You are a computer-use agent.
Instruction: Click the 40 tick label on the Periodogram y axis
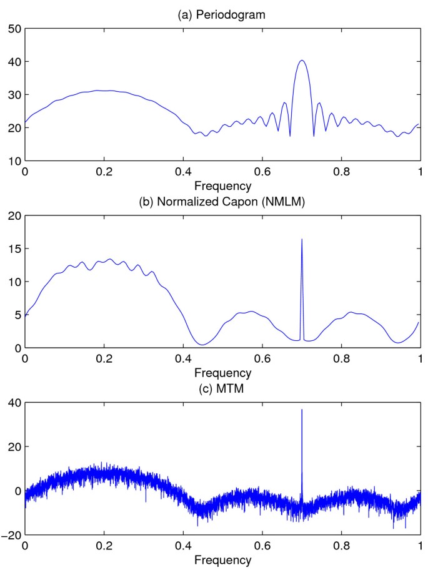click(x=15, y=62)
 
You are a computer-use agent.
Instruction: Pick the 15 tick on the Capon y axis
click(x=15, y=249)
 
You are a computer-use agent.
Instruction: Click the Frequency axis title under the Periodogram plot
click(x=222, y=185)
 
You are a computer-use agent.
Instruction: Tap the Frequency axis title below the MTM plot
click(x=222, y=560)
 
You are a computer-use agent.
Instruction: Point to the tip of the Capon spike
click(x=302, y=239)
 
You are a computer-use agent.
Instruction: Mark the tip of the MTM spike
click(x=302, y=410)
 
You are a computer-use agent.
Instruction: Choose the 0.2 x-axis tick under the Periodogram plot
click(x=104, y=172)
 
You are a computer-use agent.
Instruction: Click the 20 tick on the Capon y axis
click(x=15, y=216)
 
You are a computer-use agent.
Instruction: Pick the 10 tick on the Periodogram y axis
click(x=15, y=161)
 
